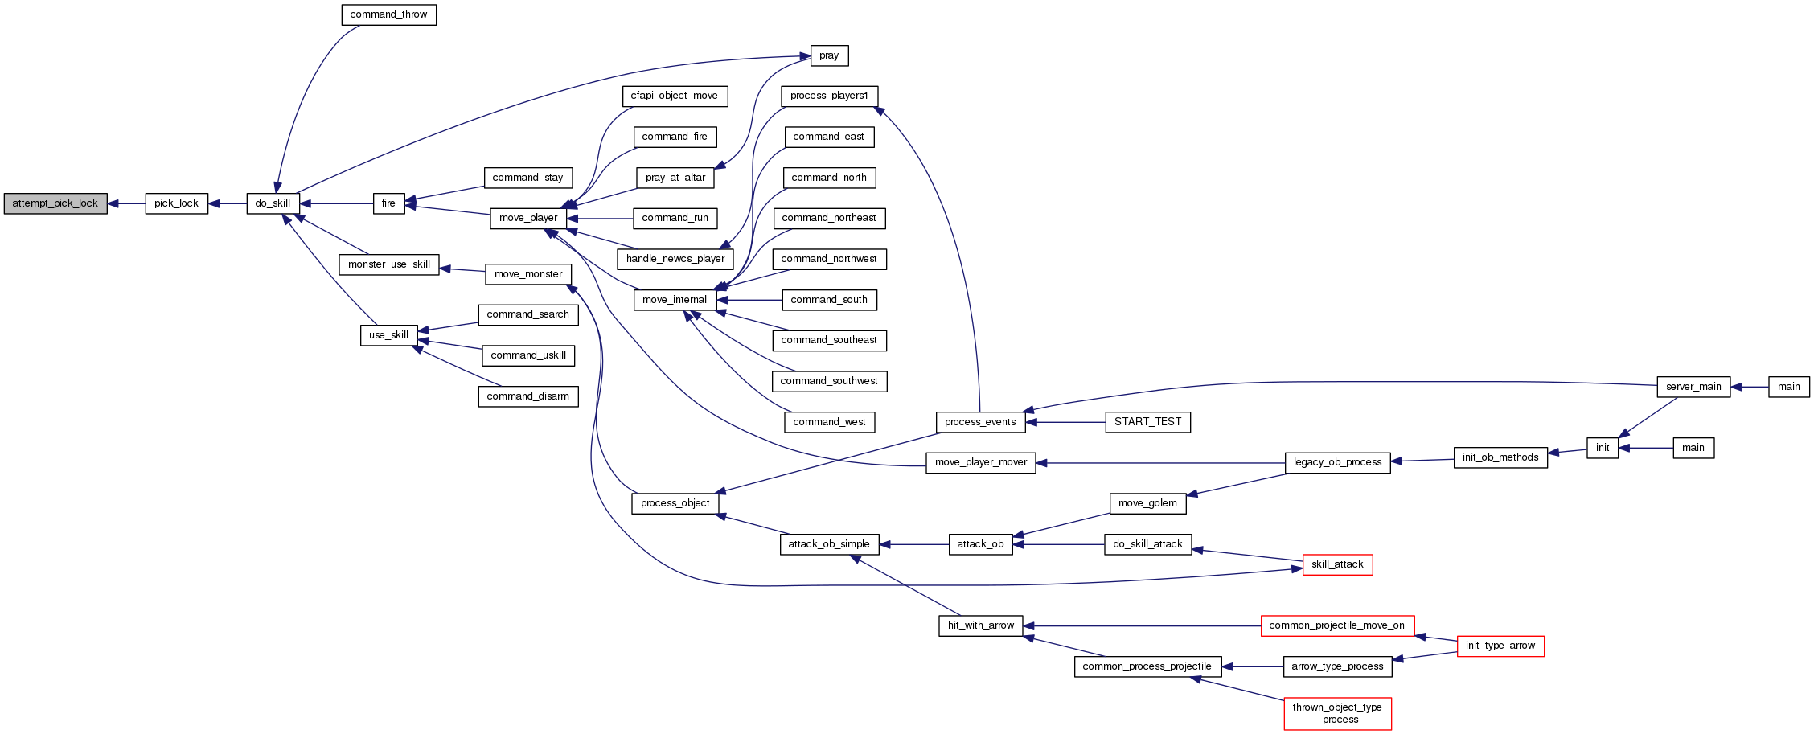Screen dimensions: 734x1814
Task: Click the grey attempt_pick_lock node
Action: [55, 203]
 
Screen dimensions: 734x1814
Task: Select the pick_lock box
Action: [176, 203]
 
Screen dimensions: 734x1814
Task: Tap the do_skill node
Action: [273, 203]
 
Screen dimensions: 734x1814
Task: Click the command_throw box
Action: [388, 14]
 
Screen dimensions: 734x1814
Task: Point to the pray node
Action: [829, 55]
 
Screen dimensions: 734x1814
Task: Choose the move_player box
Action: [527, 218]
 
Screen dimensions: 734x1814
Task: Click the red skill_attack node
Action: [1337, 564]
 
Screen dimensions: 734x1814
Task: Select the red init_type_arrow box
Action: [1500, 646]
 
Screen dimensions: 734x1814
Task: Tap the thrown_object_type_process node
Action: [1337, 713]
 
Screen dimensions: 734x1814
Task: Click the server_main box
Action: [1693, 387]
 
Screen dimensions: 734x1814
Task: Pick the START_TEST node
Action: [1147, 422]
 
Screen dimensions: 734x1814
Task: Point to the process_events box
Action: [980, 422]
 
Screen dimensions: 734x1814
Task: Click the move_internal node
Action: [675, 300]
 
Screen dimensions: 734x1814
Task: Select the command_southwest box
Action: [829, 381]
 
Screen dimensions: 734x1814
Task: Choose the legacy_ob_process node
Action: [1337, 462]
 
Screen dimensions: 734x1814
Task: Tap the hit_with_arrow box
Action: [980, 625]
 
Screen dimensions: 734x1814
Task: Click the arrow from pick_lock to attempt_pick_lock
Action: [126, 203]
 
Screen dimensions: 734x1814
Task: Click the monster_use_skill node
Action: [388, 264]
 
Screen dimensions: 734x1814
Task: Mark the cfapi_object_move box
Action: [675, 96]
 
